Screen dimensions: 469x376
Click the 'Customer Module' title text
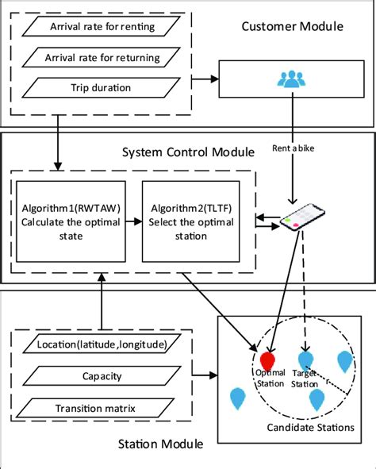tap(291, 29)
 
